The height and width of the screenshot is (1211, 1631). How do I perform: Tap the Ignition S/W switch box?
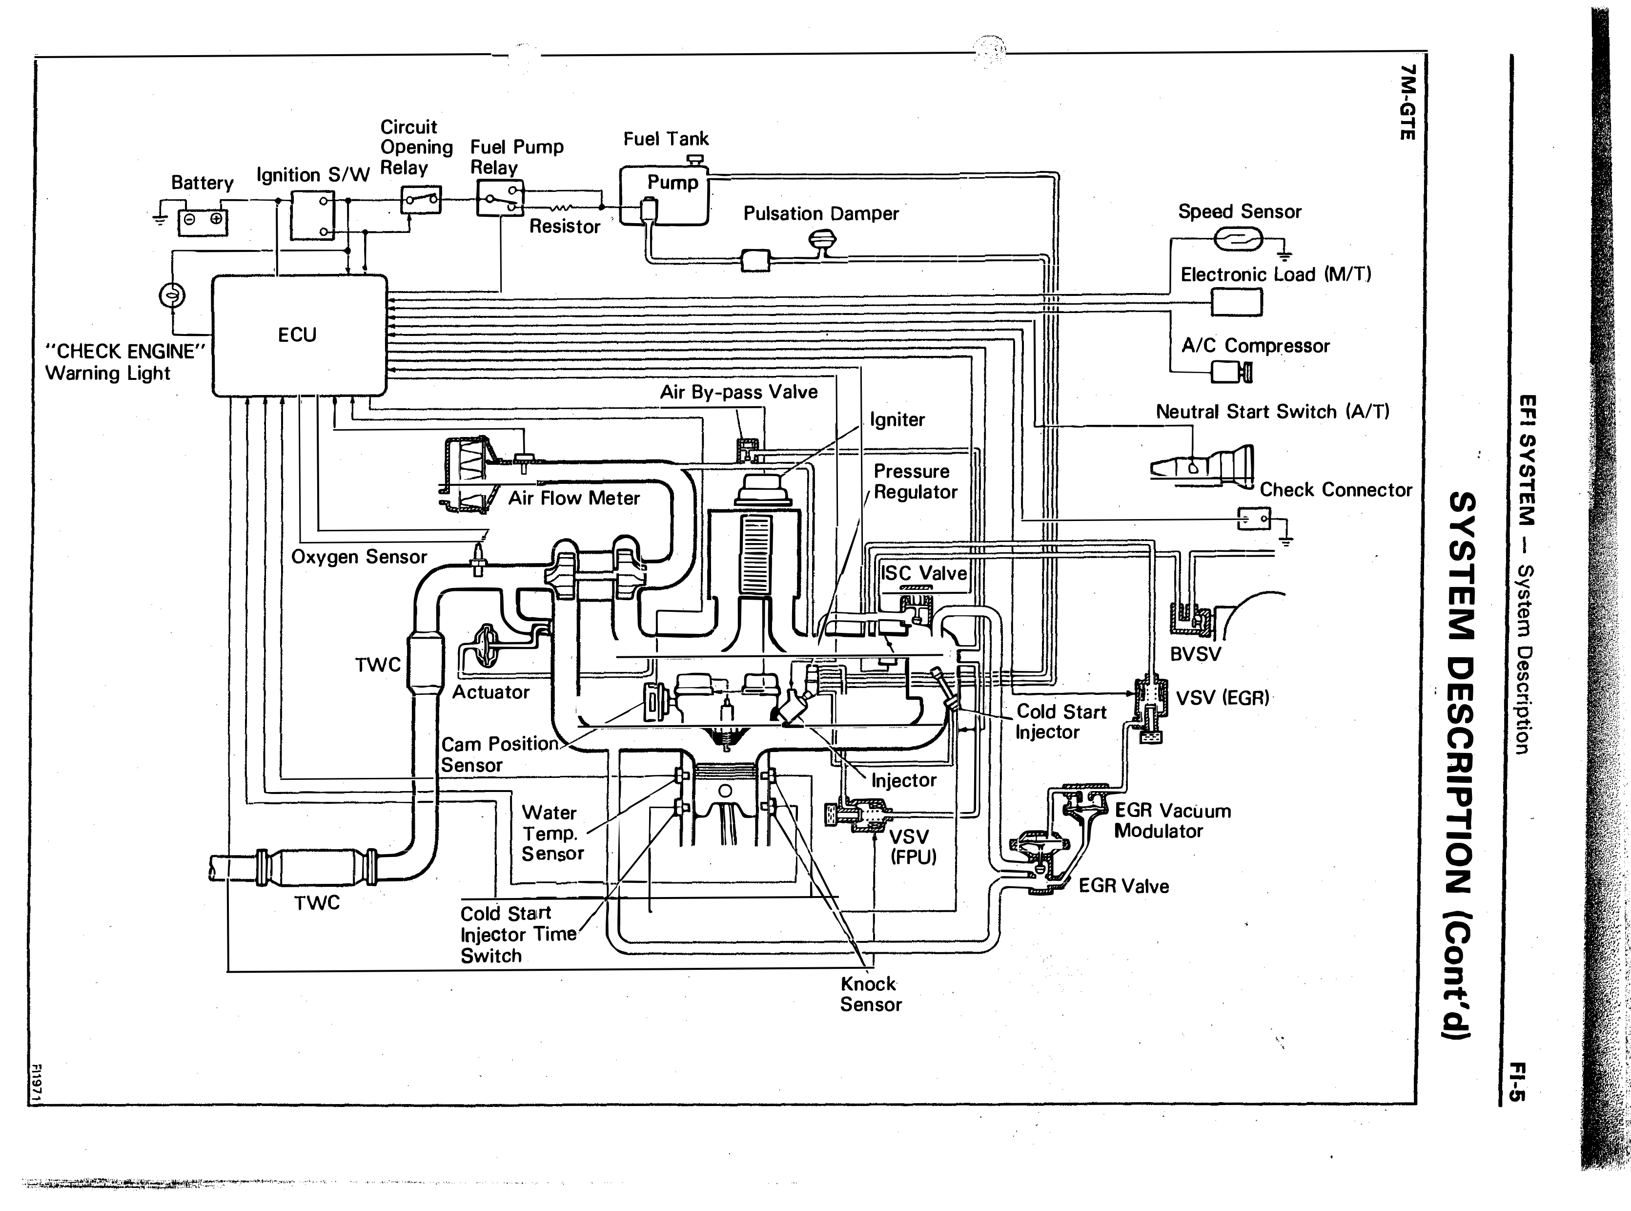coord(313,215)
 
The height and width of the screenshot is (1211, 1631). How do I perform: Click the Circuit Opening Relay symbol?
coord(421,199)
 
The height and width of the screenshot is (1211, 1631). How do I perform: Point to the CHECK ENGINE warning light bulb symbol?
coord(172,295)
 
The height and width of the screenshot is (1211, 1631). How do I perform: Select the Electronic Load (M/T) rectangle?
coord(1237,302)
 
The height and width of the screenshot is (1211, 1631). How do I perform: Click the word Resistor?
coord(565,227)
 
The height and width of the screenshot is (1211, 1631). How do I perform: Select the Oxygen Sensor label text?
coord(359,557)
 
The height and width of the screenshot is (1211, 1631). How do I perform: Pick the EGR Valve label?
coord(1124,886)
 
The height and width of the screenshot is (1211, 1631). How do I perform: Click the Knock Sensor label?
coord(871,994)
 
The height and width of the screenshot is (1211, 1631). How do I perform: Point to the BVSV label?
coord(1196,654)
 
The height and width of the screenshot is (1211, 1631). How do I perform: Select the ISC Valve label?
coord(924,573)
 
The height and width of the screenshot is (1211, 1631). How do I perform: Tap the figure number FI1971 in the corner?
coord(37,1081)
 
